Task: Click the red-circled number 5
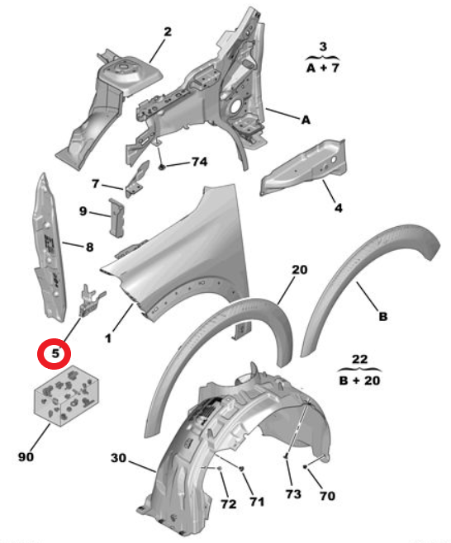55,353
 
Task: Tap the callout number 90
26,457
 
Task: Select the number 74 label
199,162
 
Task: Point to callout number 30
119,458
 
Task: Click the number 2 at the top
168,32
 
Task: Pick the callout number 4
339,208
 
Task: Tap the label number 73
293,494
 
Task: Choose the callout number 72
229,504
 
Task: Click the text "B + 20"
359,380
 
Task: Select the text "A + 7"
323,68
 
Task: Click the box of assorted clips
66,396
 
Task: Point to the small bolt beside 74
162,168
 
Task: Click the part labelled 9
116,218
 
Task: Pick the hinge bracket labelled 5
91,300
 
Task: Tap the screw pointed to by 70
305,467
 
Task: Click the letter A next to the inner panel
306,120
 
